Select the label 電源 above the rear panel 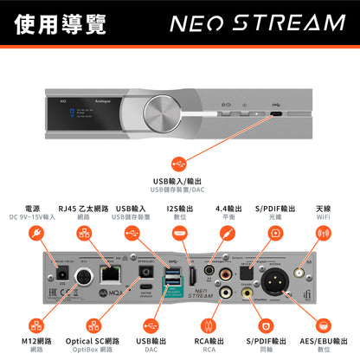35,209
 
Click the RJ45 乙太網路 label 84,209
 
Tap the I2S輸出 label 179,209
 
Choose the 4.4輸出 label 228,209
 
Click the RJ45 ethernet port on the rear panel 109,274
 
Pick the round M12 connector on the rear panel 86,279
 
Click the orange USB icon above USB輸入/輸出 179,163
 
